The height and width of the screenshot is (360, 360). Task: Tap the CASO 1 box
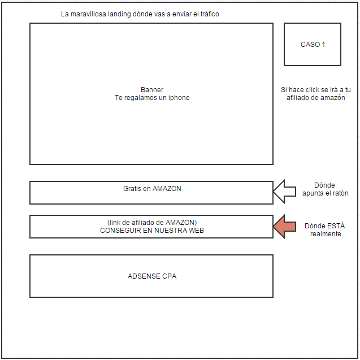click(x=313, y=45)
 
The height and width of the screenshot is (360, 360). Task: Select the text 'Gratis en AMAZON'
click(x=152, y=189)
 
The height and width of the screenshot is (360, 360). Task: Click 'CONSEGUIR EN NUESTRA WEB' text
click(x=152, y=231)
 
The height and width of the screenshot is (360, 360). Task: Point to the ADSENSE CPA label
click(x=152, y=276)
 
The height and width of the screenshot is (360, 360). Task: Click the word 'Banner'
click(x=152, y=90)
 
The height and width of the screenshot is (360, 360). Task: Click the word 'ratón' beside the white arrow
click(x=339, y=193)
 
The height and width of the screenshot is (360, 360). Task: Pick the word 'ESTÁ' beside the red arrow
click(x=334, y=226)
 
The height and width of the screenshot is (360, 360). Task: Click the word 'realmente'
click(x=325, y=234)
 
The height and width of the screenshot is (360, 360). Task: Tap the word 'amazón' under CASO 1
click(x=333, y=98)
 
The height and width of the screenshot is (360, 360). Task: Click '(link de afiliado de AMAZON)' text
click(x=152, y=223)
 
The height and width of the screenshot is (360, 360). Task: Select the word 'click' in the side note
click(x=310, y=90)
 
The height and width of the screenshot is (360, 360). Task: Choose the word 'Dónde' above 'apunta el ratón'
click(x=324, y=185)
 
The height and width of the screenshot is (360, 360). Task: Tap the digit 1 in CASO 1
click(x=323, y=45)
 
